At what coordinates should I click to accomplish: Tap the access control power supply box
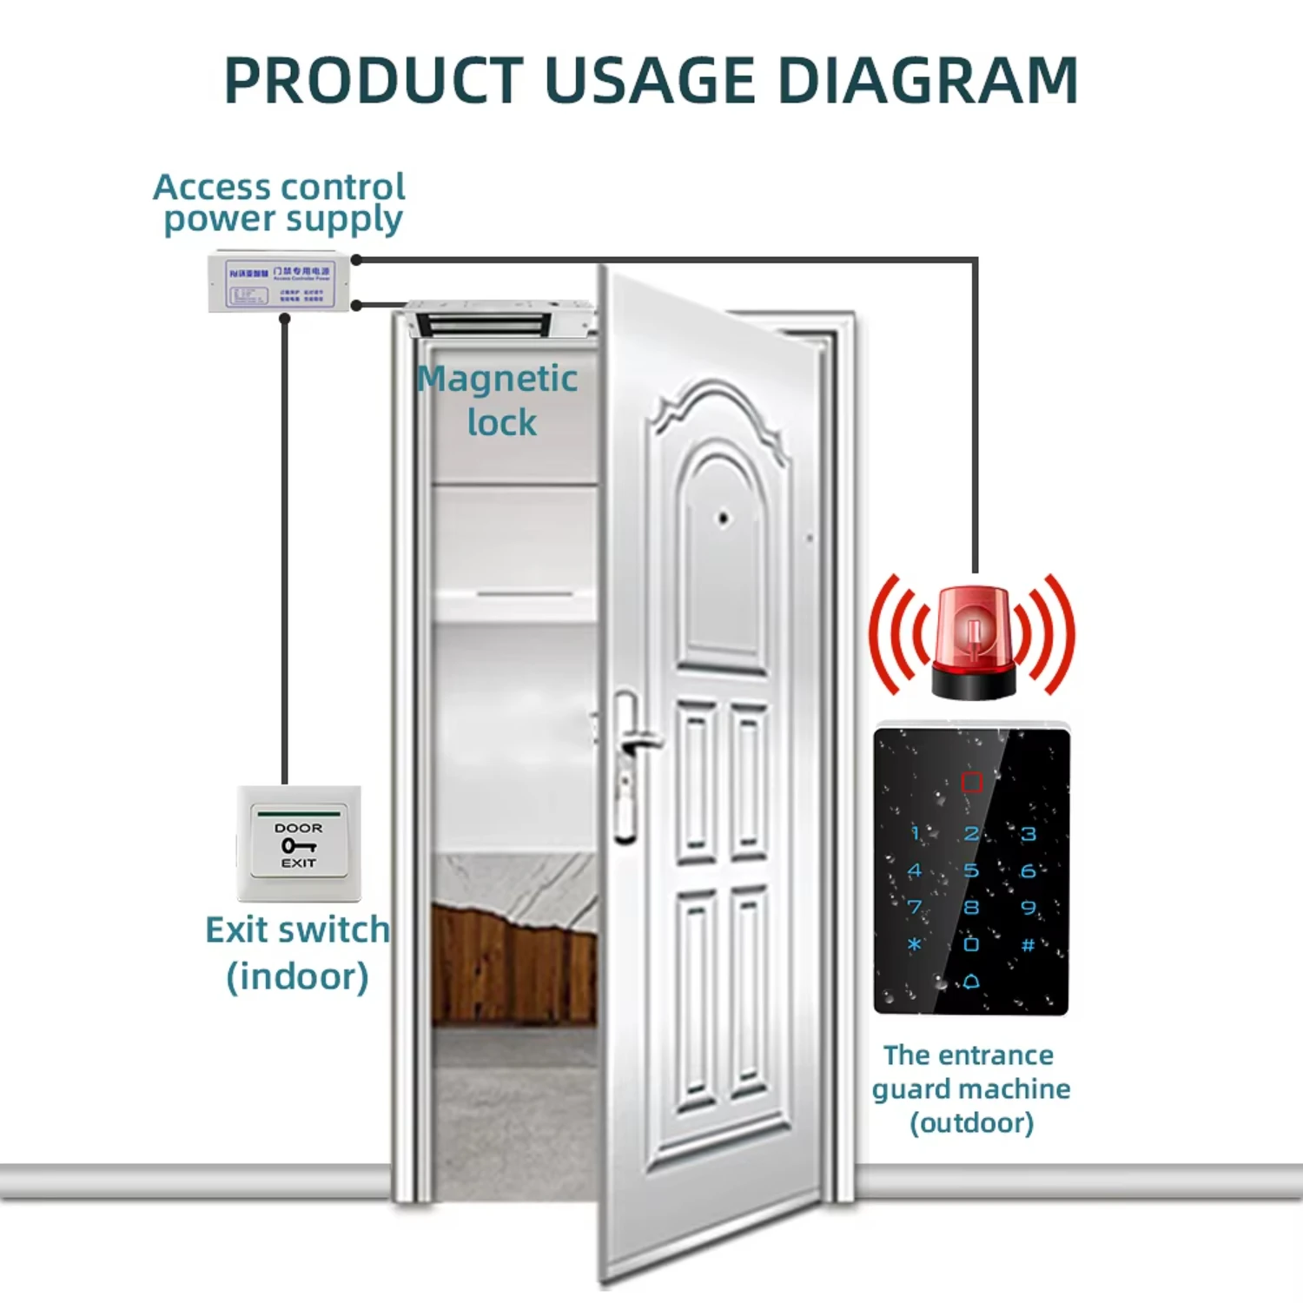[279, 282]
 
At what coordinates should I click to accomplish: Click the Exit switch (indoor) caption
[297, 953]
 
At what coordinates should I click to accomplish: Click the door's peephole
[723, 519]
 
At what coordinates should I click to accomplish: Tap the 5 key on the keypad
[971, 870]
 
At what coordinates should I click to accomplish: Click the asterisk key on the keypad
[914, 944]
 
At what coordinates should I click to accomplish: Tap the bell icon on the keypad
[971, 981]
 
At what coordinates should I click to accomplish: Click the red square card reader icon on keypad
[971, 783]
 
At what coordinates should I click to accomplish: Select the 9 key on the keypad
[1029, 908]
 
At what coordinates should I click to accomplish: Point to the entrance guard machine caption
[971, 1088]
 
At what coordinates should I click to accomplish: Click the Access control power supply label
[280, 202]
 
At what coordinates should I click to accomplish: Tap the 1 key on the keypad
[915, 834]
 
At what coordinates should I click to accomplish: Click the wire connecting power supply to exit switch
[284, 547]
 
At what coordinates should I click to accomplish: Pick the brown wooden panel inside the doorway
[513, 964]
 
